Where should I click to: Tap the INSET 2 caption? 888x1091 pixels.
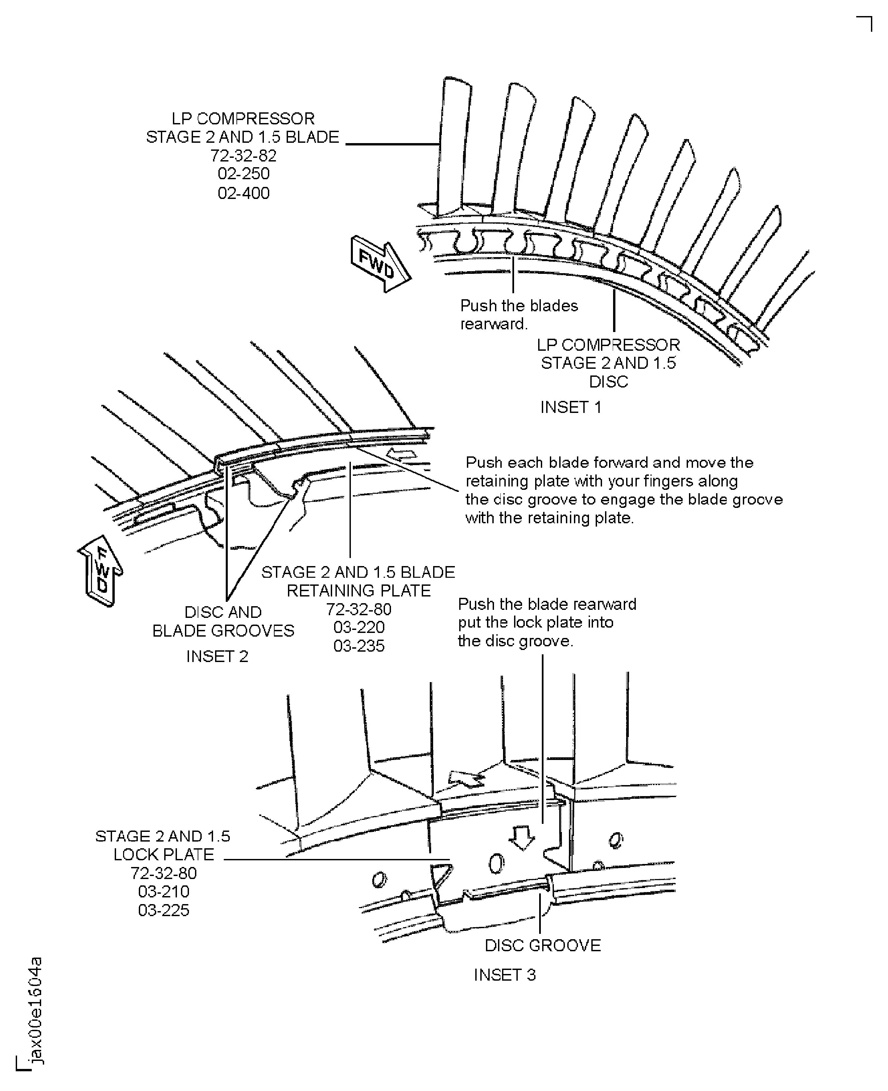(217, 656)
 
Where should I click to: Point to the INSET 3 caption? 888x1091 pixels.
(504, 975)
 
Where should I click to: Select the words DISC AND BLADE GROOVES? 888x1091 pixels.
(223, 621)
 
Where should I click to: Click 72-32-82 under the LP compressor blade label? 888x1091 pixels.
(243, 155)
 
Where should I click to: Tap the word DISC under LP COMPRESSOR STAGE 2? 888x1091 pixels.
(608, 381)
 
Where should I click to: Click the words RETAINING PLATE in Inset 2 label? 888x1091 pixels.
(359, 590)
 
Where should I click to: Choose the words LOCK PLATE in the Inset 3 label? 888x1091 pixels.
(164, 854)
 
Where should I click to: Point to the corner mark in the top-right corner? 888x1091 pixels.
(866, 23)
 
